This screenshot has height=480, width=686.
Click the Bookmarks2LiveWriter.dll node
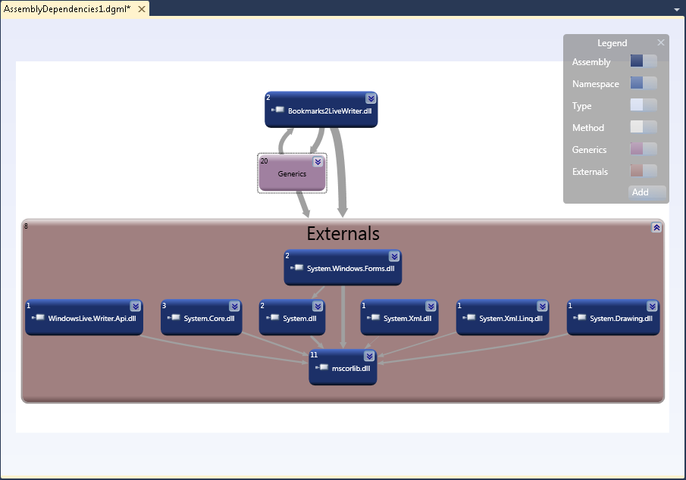click(x=321, y=111)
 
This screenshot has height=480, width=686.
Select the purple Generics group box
click(x=292, y=179)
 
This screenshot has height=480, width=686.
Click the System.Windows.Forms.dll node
click(x=343, y=268)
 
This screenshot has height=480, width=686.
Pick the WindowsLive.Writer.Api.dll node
click(x=84, y=318)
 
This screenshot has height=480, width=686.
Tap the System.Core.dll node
click(x=201, y=318)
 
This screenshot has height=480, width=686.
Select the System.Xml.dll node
click(x=399, y=318)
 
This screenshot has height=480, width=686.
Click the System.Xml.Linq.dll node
click(x=503, y=318)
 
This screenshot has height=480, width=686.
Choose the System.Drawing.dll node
click(x=612, y=318)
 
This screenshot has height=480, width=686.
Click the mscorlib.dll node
click(x=343, y=368)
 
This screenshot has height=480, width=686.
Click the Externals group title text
click(x=343, y=234)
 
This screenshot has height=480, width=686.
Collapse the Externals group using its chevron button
click(x=656, y=227)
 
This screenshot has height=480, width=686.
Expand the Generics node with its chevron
click(x=318, y=162)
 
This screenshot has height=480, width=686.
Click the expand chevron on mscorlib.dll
click(x=369, y=356)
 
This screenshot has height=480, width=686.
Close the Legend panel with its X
click(x=661, y=43)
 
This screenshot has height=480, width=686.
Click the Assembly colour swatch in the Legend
click(x=644, y=61)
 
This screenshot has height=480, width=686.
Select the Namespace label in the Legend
click(x=595, y=84)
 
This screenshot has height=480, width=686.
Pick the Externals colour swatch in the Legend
click(x=644, y=171)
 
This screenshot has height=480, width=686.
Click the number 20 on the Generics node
click(x=265, y=161)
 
